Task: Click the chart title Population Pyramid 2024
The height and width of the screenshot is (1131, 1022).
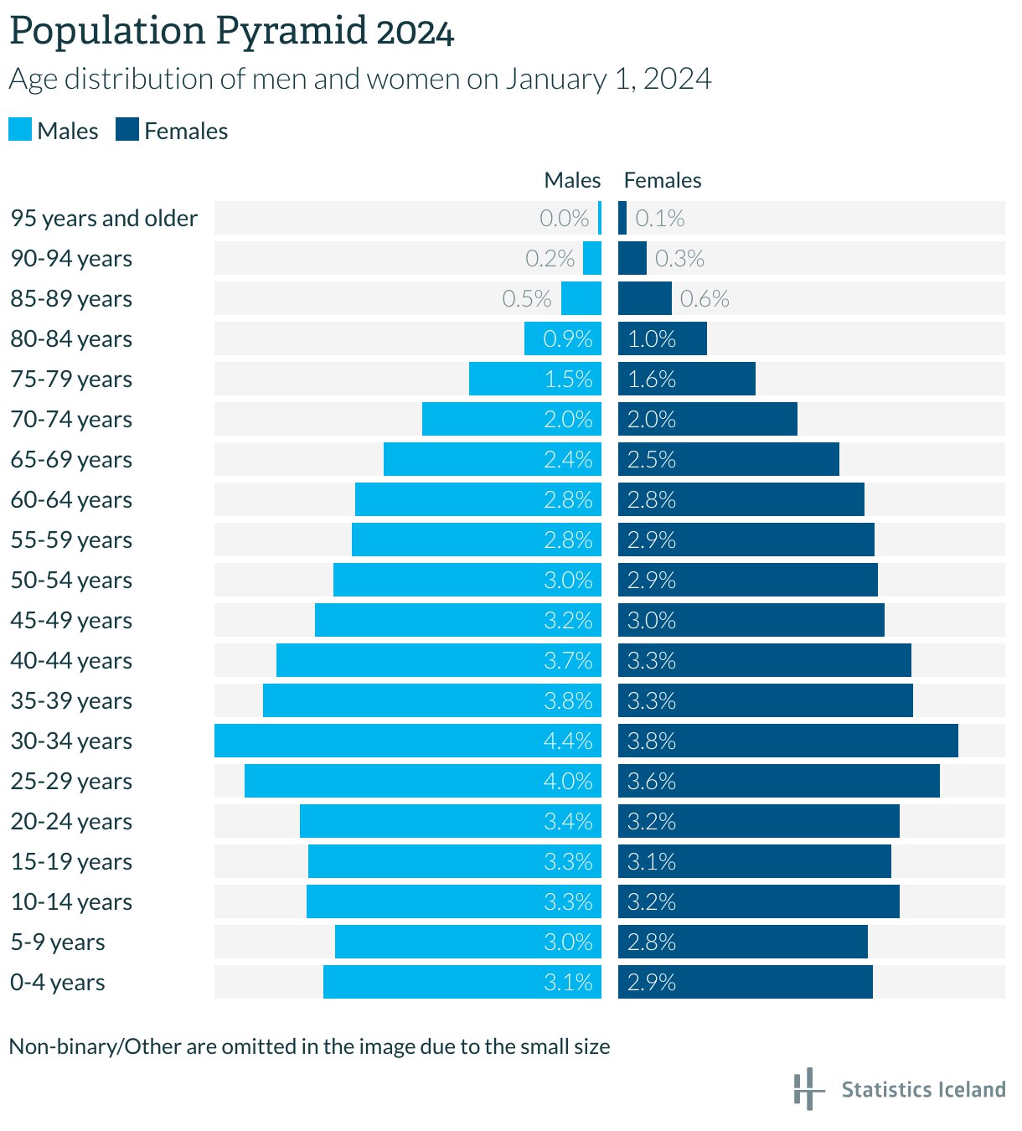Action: [x=231, y=32]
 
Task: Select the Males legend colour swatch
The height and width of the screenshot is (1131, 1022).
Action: [x=20, y=130]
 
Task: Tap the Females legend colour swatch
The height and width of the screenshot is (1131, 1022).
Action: [x=127, y=130]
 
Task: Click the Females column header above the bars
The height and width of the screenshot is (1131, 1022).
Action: [x=662, y=180]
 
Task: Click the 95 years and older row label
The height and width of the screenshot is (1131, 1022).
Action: [x=104, y=218]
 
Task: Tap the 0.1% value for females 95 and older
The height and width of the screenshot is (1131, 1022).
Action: [x=659, y=218]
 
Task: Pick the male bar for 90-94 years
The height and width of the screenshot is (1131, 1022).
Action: [x=592, y=258]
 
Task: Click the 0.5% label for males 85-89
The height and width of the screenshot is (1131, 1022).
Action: [x=526, y=298]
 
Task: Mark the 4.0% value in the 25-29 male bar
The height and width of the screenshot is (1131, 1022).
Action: [x=568, y=781]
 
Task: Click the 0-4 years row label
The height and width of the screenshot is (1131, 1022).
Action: [x=58, y=982]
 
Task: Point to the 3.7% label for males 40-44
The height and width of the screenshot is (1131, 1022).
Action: [x=568, y=660]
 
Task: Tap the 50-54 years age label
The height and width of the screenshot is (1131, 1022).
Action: [x=71, y=580]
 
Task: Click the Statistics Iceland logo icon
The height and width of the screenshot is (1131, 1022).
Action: [x=806, y=1088]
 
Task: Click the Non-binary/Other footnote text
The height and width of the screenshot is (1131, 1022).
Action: [x=309, y=1046]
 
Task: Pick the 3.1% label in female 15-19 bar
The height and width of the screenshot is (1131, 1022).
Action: [x=652, y=861]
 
